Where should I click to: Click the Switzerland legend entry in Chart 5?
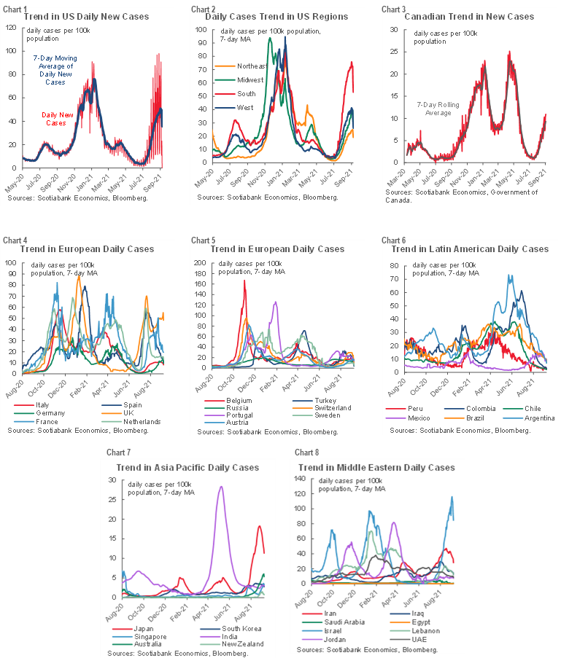tap(324, 410)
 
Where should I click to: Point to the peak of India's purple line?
tap(220, 486)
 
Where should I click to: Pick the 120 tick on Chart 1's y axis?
tap(12, 28)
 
